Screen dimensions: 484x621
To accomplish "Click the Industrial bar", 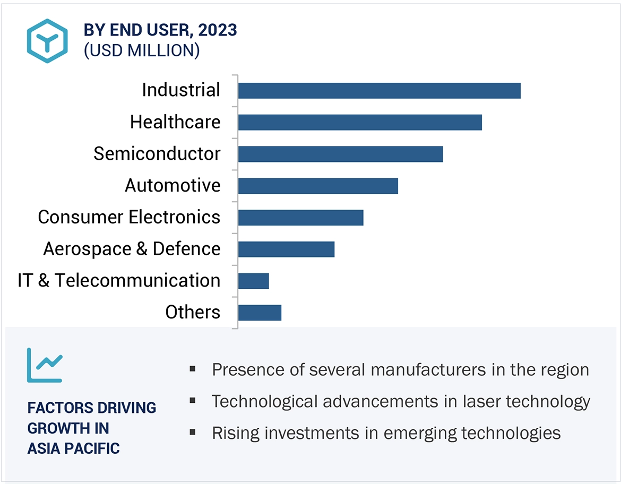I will [379, 91].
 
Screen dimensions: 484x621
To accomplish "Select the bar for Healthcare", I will [360, 122].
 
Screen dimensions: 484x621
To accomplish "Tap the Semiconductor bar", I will [340, 154].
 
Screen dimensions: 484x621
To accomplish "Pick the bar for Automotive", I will [318, 186].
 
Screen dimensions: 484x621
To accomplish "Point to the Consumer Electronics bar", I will [300, 218].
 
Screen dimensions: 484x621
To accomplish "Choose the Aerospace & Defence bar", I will [286, 249].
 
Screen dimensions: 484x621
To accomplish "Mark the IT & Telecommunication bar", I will [254, 281].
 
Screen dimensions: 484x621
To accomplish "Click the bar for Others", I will [260, 313].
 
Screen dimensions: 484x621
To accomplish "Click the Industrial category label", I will [181, 90].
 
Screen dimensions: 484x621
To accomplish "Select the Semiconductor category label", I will [157, 154].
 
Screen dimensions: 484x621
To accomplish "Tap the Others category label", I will [193, 312].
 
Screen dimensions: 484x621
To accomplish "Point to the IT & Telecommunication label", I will [119, 280].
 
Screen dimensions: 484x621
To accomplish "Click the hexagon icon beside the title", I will [48, 41].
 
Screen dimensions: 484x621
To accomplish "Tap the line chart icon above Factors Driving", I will [45, 365].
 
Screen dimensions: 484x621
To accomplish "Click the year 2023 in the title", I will [218, 30].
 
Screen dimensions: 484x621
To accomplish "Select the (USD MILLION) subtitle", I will [142, 51].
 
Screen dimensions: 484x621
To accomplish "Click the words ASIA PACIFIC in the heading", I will [73, 448].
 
